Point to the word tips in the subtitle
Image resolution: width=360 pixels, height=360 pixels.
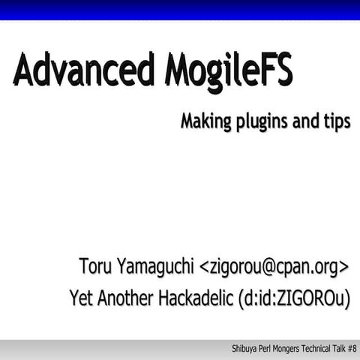coord(336,122)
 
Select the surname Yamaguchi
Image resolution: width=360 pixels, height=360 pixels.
coord(157,267)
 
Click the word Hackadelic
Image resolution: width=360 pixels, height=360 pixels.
coord(194,298)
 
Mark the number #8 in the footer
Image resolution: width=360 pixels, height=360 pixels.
coord(353,349)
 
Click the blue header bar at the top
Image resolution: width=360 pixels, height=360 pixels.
coord(180,10)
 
